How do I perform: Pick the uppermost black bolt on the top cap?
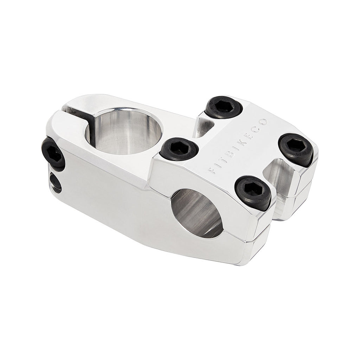(224, 107)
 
